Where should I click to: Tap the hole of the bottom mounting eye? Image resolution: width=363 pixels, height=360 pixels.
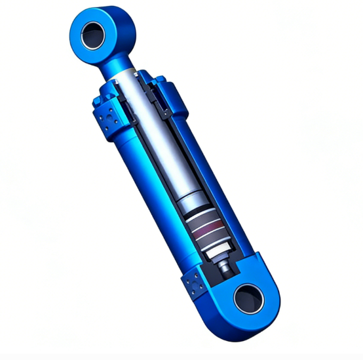point(248,298)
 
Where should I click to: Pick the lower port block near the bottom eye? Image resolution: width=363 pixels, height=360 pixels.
point(194,284)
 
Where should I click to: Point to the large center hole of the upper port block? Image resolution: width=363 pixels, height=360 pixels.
point(107,119)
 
